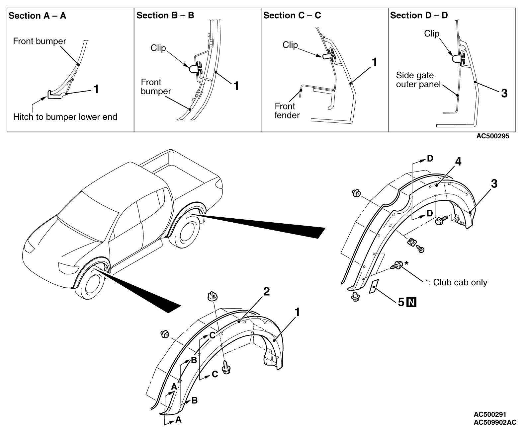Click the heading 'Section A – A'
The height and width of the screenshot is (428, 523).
[38, 16]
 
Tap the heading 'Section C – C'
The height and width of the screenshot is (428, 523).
[292, 15]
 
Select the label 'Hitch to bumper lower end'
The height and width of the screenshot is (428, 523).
[65, 117]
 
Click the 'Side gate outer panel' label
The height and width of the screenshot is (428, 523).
[418, 80]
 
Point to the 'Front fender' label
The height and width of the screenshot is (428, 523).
[287, 111]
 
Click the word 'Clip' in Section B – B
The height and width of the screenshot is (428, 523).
[158, 48]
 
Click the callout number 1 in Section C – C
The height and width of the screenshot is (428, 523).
[375, 62]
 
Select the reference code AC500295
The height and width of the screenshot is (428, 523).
[492, 136]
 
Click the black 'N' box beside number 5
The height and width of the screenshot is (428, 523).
[411, 302]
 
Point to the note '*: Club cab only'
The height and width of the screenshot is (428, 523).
[456, 282]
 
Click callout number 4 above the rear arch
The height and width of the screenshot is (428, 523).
[458, 162]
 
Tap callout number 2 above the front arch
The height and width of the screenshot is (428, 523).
[266, 291]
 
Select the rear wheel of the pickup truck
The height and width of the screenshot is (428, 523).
[188, 232]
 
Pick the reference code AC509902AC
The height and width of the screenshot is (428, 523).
[495, 422]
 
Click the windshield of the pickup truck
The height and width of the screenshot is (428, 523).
[88, 216]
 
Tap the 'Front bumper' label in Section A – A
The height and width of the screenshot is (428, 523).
[40, 41]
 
